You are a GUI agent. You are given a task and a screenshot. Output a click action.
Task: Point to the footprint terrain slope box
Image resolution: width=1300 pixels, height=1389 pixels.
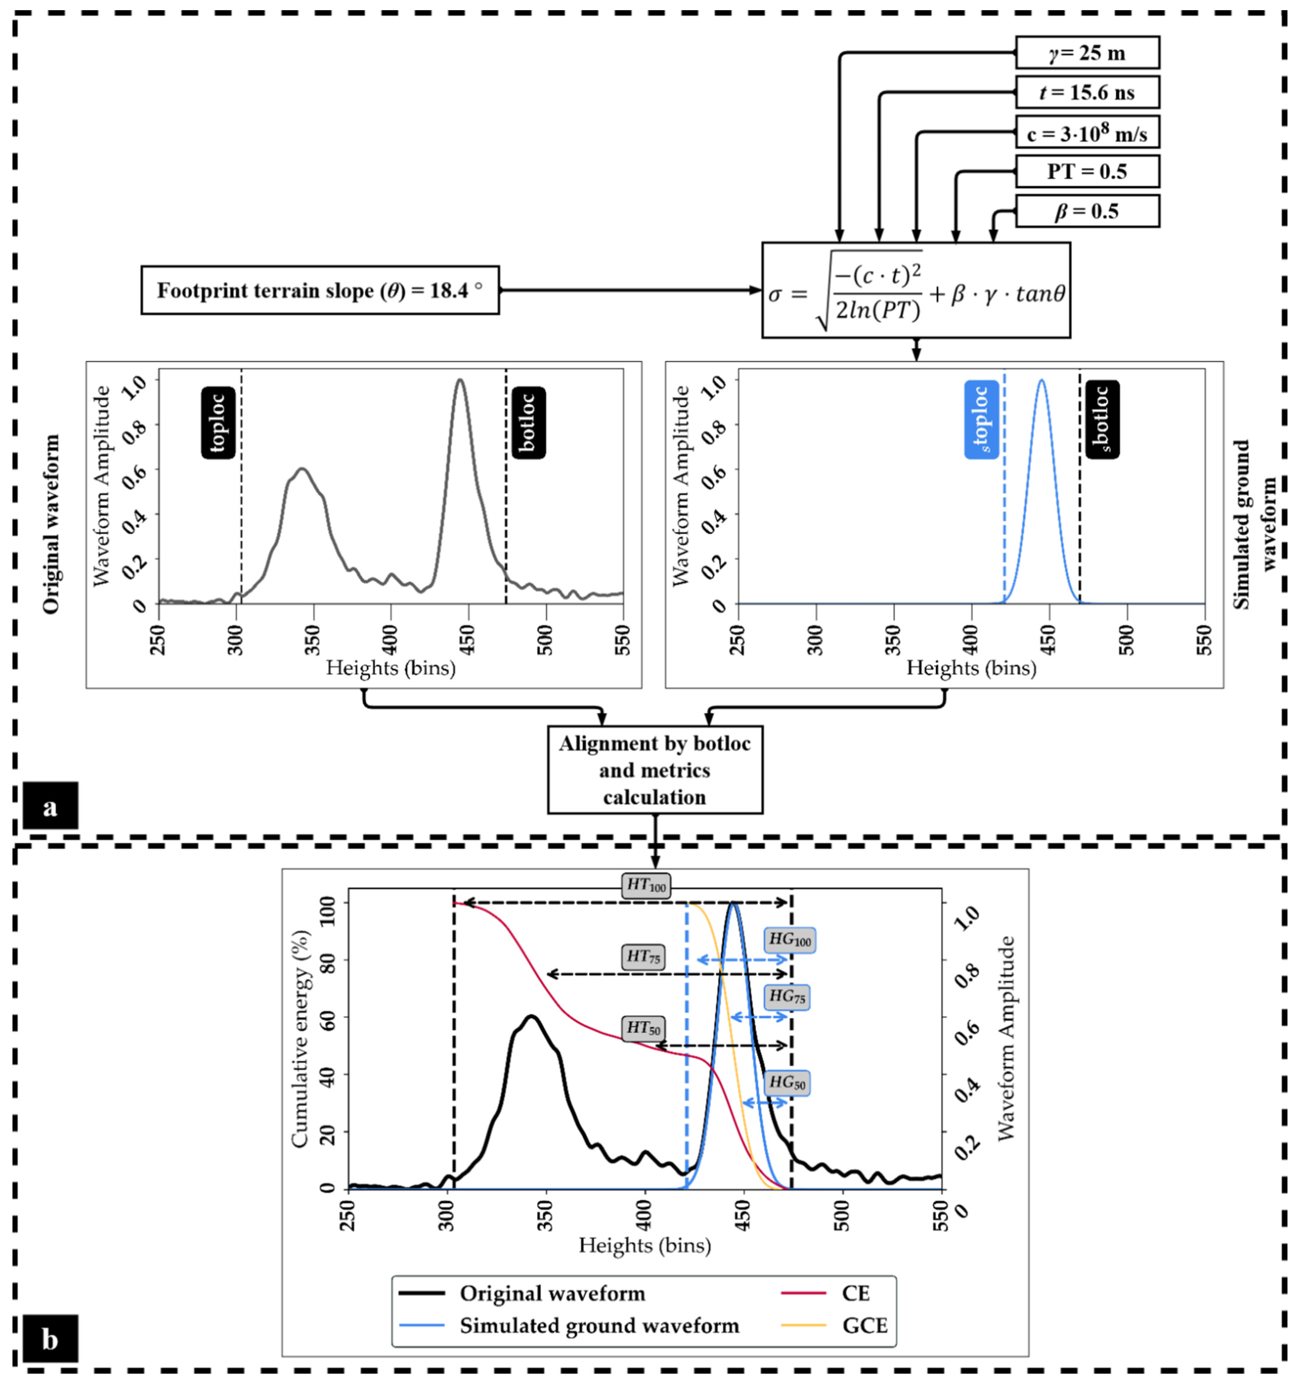(320, 290)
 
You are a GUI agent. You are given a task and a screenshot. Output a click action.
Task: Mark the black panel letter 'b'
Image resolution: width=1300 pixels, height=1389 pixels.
(50, 1339)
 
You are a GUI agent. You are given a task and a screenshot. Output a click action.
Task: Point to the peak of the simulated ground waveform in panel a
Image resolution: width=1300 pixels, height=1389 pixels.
(1042, 381)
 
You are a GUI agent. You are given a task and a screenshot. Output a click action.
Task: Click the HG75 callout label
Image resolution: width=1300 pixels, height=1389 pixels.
(787, 996)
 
